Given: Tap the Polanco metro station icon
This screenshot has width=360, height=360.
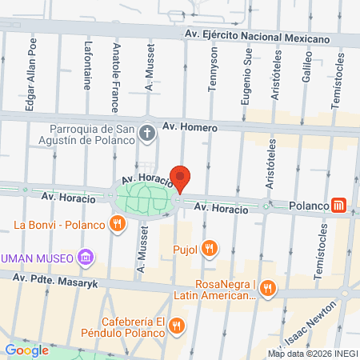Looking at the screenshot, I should tap(341, 206).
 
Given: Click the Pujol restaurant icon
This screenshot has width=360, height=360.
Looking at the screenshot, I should tap(210, 248).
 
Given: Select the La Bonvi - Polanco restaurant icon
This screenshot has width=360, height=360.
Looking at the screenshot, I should tap(118, 224).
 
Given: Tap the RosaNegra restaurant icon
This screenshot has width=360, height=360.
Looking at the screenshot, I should tap(270, 288).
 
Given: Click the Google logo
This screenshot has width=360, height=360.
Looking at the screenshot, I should tap(26, 350).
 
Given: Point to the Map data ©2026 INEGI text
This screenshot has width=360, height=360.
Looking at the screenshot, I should tap(312, 354).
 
